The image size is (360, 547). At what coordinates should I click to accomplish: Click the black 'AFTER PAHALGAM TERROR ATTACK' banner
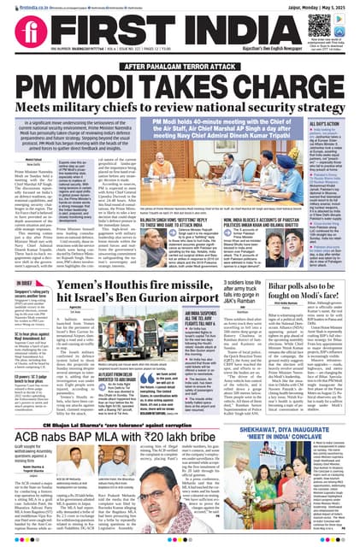pos(180,65)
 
